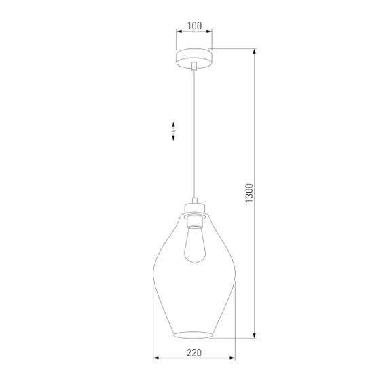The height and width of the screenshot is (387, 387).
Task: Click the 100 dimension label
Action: point(194,26)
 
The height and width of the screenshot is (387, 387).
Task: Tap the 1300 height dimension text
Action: point(249,193)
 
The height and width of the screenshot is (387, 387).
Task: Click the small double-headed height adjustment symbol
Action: point(174,131)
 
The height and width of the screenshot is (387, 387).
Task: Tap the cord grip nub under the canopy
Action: point(194,66)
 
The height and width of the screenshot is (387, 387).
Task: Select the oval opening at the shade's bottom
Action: point(194,335)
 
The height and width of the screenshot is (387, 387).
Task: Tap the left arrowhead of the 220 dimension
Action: point(155,358)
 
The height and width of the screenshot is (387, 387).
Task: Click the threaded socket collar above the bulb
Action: point(194,220)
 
